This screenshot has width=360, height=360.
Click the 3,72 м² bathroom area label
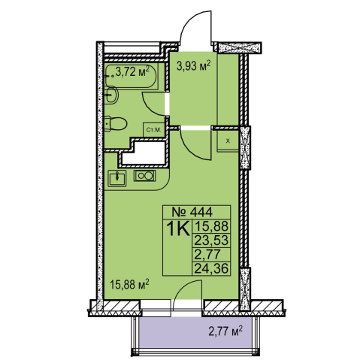pyautogui.click(x=133, y=72)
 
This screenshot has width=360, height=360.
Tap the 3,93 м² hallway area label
pyautogui.click(x=193, y=66)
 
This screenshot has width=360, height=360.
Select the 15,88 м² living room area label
pyautogui.click(x=130, y=285)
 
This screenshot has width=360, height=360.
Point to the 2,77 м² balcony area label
pyautogui.click(x=225, y=331)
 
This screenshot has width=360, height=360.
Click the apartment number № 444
pyautogui.click(x=192, y=213)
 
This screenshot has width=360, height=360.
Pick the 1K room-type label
pyautogui.click(x=178, y=229)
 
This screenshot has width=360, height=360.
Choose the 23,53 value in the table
pyautogui.click(x=211, y=241)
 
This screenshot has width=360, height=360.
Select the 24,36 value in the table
pyautogui.click(x=211, y=269)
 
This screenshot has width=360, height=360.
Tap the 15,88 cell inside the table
pyautogui.click(x=211, y=226)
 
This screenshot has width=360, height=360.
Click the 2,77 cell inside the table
pyautogui.click(x=207, y=255)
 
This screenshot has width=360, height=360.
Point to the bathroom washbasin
pyautogui.click(x=111, y=95)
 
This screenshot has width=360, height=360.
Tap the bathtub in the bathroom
pyautogui.click(x=132, y=75)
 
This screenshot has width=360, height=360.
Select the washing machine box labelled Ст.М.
pyautogui.click(x=154, y=130)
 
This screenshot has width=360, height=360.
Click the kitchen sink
pyautogui.click(x=117, y=178)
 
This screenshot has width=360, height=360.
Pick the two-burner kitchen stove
pyautogui.click(x=145, y=176)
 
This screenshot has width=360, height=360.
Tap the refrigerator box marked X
pyautogui.click(x=228, y=141)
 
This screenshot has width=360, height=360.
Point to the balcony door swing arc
pyautogui.click(x=186, y=285)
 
